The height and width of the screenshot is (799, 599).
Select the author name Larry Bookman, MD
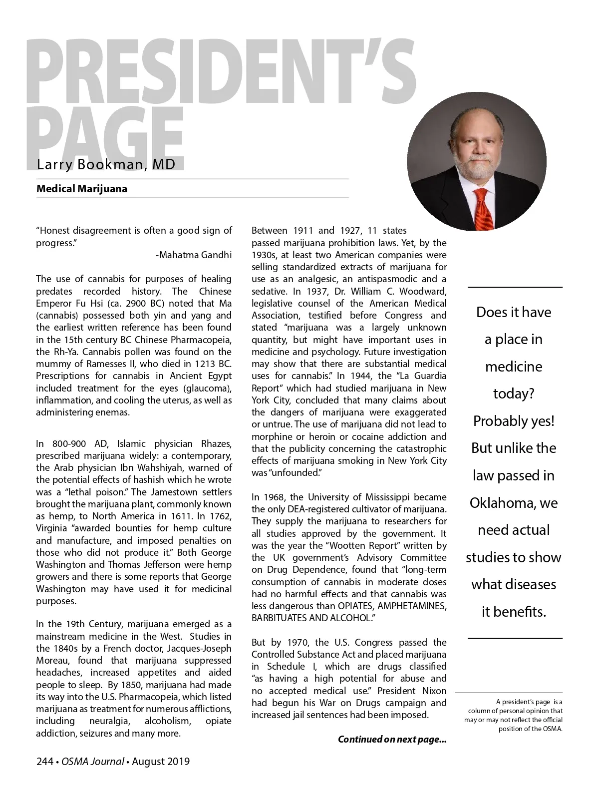(x=106, y=164)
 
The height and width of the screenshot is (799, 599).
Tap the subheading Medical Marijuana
(x=81, y=189)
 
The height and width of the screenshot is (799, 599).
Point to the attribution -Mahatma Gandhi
(x=194, y=255)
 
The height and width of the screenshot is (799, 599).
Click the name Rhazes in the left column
(x=216, y=443)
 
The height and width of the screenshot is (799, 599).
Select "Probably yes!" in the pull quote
(x=514, y=421)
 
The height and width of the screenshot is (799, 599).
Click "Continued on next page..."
(x=392, y=739)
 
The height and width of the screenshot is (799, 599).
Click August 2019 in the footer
(x=161, y=762)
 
